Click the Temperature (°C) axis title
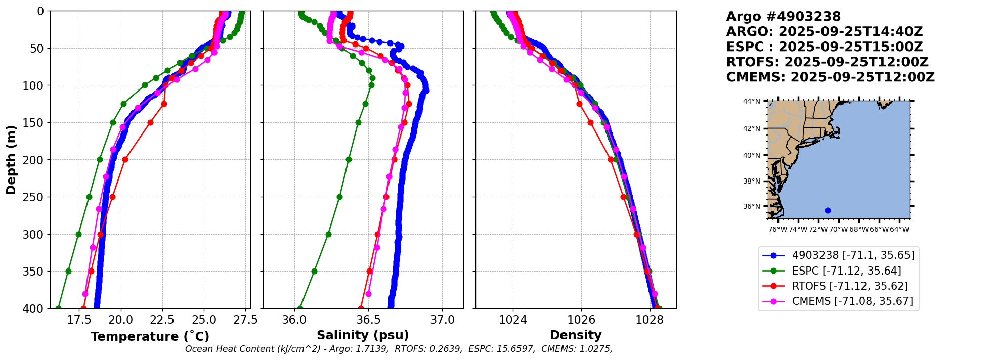[150, 337]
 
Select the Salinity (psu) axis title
[363, 335]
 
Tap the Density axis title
[576, 335]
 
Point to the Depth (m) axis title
[11, 160]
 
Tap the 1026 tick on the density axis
[581, 320]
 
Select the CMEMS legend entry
[852, 301]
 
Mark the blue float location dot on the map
[828, 210]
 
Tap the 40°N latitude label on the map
[751, 155]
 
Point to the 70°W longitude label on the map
[838, 230]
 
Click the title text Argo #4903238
[783, 17]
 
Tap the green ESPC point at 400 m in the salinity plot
[300, 308]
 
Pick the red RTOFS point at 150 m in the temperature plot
[150, 122]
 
